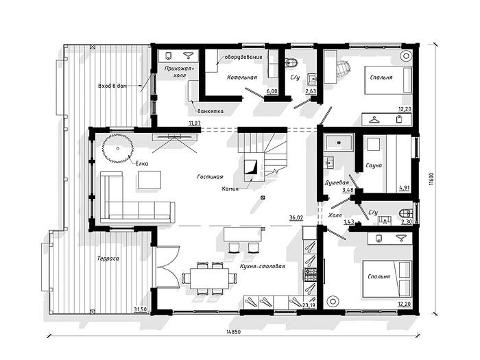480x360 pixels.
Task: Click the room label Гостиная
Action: click(x=210, y=177)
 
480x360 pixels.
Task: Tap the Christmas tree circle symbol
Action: click(x=118, y=149)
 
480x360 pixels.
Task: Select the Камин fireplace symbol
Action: click(x=250, y=167)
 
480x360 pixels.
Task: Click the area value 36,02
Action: click(x=296, y=217)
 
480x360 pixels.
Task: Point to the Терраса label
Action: click(x=108, y=259)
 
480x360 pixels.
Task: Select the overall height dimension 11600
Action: click(x=431, y=179)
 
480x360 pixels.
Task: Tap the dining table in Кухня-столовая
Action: click(x=209, y=278)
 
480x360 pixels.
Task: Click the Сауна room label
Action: click(x=374, y=165)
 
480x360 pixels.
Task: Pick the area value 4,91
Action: click(x=405, y=188)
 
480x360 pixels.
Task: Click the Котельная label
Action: click(x=242, y=77)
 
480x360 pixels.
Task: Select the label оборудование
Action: click(x=243, y=57)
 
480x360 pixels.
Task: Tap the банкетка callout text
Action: click(x=211, y=111)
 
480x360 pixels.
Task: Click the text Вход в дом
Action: click(x=112, y=86)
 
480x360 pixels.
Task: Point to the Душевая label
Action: click(x=337, y=183)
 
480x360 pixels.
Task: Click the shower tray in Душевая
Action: click(x=339, y=143)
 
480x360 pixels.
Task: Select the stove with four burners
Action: click(x=310, y=274)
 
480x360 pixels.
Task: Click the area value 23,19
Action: click(x=309, y=305)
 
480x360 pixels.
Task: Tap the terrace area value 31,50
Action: click(x=140, y=309)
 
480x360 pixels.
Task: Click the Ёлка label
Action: click(x=142, y=163)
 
